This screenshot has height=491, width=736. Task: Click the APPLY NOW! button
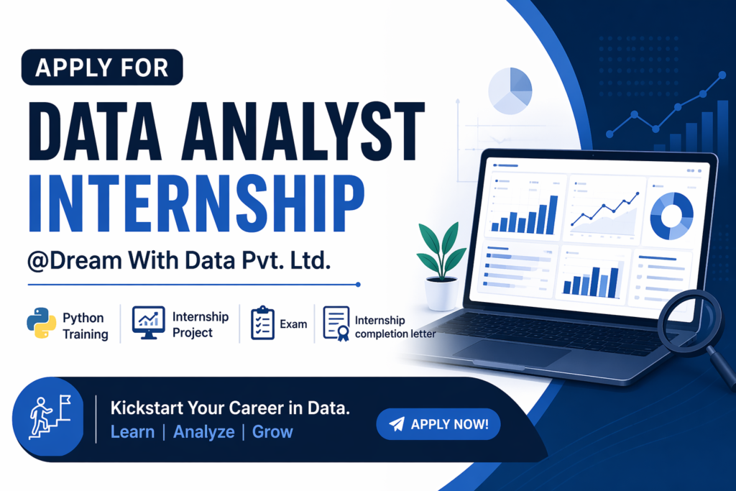tap(438, 424)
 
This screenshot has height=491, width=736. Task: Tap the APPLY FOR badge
tap(102, 67)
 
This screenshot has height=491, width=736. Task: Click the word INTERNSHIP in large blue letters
tap(196, 203)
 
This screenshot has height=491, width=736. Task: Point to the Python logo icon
tap(41, 323)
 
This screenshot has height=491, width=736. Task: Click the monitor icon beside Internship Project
tap(148, 323)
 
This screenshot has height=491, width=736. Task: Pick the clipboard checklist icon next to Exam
tap(262, 323)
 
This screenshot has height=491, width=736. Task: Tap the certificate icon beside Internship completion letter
tap(336, 323)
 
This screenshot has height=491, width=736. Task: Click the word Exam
tap(293, 324)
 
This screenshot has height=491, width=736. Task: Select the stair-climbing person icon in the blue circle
tap(50, 417)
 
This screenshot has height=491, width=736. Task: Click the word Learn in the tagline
tap(132, 432)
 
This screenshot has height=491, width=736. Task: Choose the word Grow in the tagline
tap(272, 432)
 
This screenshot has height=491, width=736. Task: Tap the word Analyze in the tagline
tap(203, 432)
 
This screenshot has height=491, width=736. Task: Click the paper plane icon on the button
tap(397, 424)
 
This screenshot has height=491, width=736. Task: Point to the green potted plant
tap(441, 266)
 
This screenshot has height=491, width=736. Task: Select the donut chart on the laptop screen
tap(672, 216)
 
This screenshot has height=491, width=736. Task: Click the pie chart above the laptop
tap(510, 91)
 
